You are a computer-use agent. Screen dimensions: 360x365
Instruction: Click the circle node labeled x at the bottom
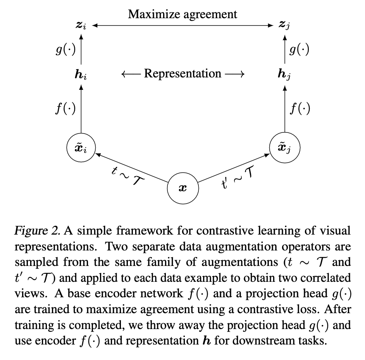click(182, 189)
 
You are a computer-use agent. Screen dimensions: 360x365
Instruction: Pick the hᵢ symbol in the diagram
click(81, 74)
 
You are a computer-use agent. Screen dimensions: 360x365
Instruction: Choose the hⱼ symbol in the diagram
click(284, 74)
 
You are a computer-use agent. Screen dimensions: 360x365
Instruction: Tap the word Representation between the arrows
click(182, 74)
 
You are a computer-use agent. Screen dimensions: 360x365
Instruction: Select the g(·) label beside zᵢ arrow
click(65, 50)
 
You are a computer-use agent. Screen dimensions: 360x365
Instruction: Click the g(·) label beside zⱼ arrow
click(300, 50)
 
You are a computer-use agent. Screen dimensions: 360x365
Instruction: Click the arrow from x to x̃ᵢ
click(132, 168)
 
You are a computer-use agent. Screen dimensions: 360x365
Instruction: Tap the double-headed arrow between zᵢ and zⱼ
click(182, 26)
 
